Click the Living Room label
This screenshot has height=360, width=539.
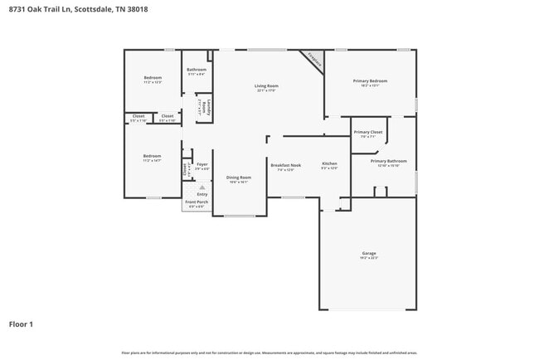pyautogui.click(x=265, y=85)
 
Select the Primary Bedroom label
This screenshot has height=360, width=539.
pyautogui.click(x=370, y=80)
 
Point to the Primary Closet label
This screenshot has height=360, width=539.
pyautogui.click(x=367, y=132)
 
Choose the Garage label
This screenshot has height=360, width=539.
pyautogui.click(x=369, y=253)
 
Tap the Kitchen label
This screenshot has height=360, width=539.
pyautogui.click(x=329, y=164)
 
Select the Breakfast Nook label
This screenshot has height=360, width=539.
pyautogui.click(x=285, y=164)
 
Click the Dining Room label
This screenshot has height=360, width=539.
pyautogui.click(x=239, y=177)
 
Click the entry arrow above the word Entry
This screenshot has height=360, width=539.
pyautogui.click(x=202, y=187)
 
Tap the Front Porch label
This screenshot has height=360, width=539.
pyautogui.click(x=197, y=202)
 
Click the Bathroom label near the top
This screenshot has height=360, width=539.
pyautogui.click(x=197, y=70)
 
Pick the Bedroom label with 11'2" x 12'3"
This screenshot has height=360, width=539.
pyautogui.click(x=152, y=78)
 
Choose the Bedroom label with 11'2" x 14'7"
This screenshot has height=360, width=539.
pyautogui.click(x=152, y=156)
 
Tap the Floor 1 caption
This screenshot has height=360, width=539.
pyautogui.click(x=21, y=324)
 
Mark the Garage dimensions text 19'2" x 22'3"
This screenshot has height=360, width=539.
pyautogui.click(x=369, y=258)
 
